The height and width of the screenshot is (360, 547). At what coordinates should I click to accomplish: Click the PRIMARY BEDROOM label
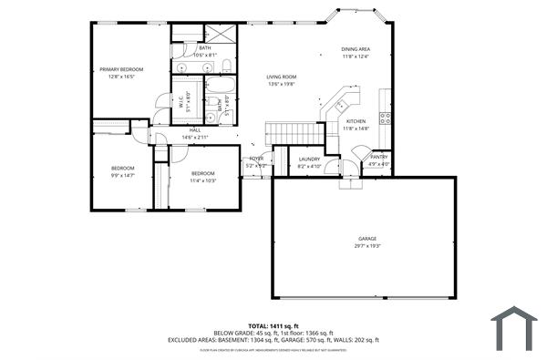click(x=121, y=68)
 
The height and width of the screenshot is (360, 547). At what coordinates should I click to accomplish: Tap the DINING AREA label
click(x=356, y=49)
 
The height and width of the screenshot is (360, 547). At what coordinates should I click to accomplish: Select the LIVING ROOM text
click(x=282, y=77)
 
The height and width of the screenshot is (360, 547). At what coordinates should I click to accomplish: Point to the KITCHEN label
click(x=356, y=121)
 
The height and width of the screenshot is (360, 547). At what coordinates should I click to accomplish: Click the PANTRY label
click(x=378, y=157)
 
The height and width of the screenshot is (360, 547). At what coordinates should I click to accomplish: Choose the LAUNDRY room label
click(x=309, y=159)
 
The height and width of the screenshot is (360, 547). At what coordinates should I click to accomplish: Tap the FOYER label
click(x=257, y=159)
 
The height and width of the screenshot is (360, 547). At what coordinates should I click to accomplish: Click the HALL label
click(x=195, y=130)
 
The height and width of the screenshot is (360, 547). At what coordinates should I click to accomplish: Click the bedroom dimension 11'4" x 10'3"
click(x=202, y=180)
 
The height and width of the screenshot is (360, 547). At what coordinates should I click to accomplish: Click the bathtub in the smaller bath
click(x=221, y=92)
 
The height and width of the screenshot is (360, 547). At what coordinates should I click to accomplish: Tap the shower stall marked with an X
click(x=224, y=35)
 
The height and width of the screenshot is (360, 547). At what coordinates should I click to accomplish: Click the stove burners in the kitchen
click(x=386, y=117)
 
